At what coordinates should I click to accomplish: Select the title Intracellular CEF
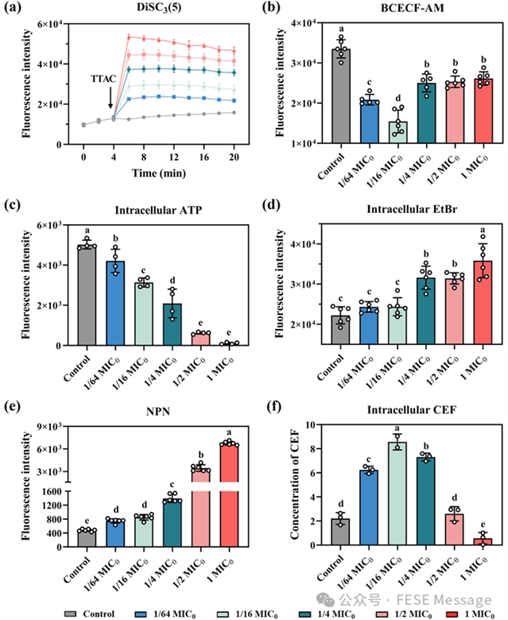tap(397, 413)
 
